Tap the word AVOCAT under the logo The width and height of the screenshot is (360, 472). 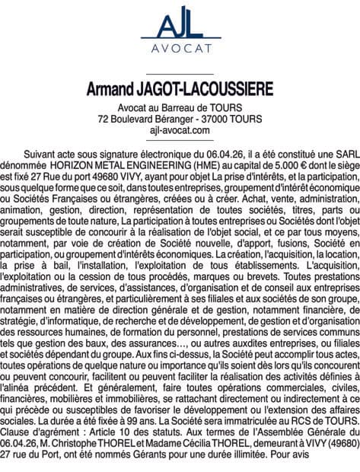pos(180,54)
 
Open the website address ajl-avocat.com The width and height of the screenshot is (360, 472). pos(180,131)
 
